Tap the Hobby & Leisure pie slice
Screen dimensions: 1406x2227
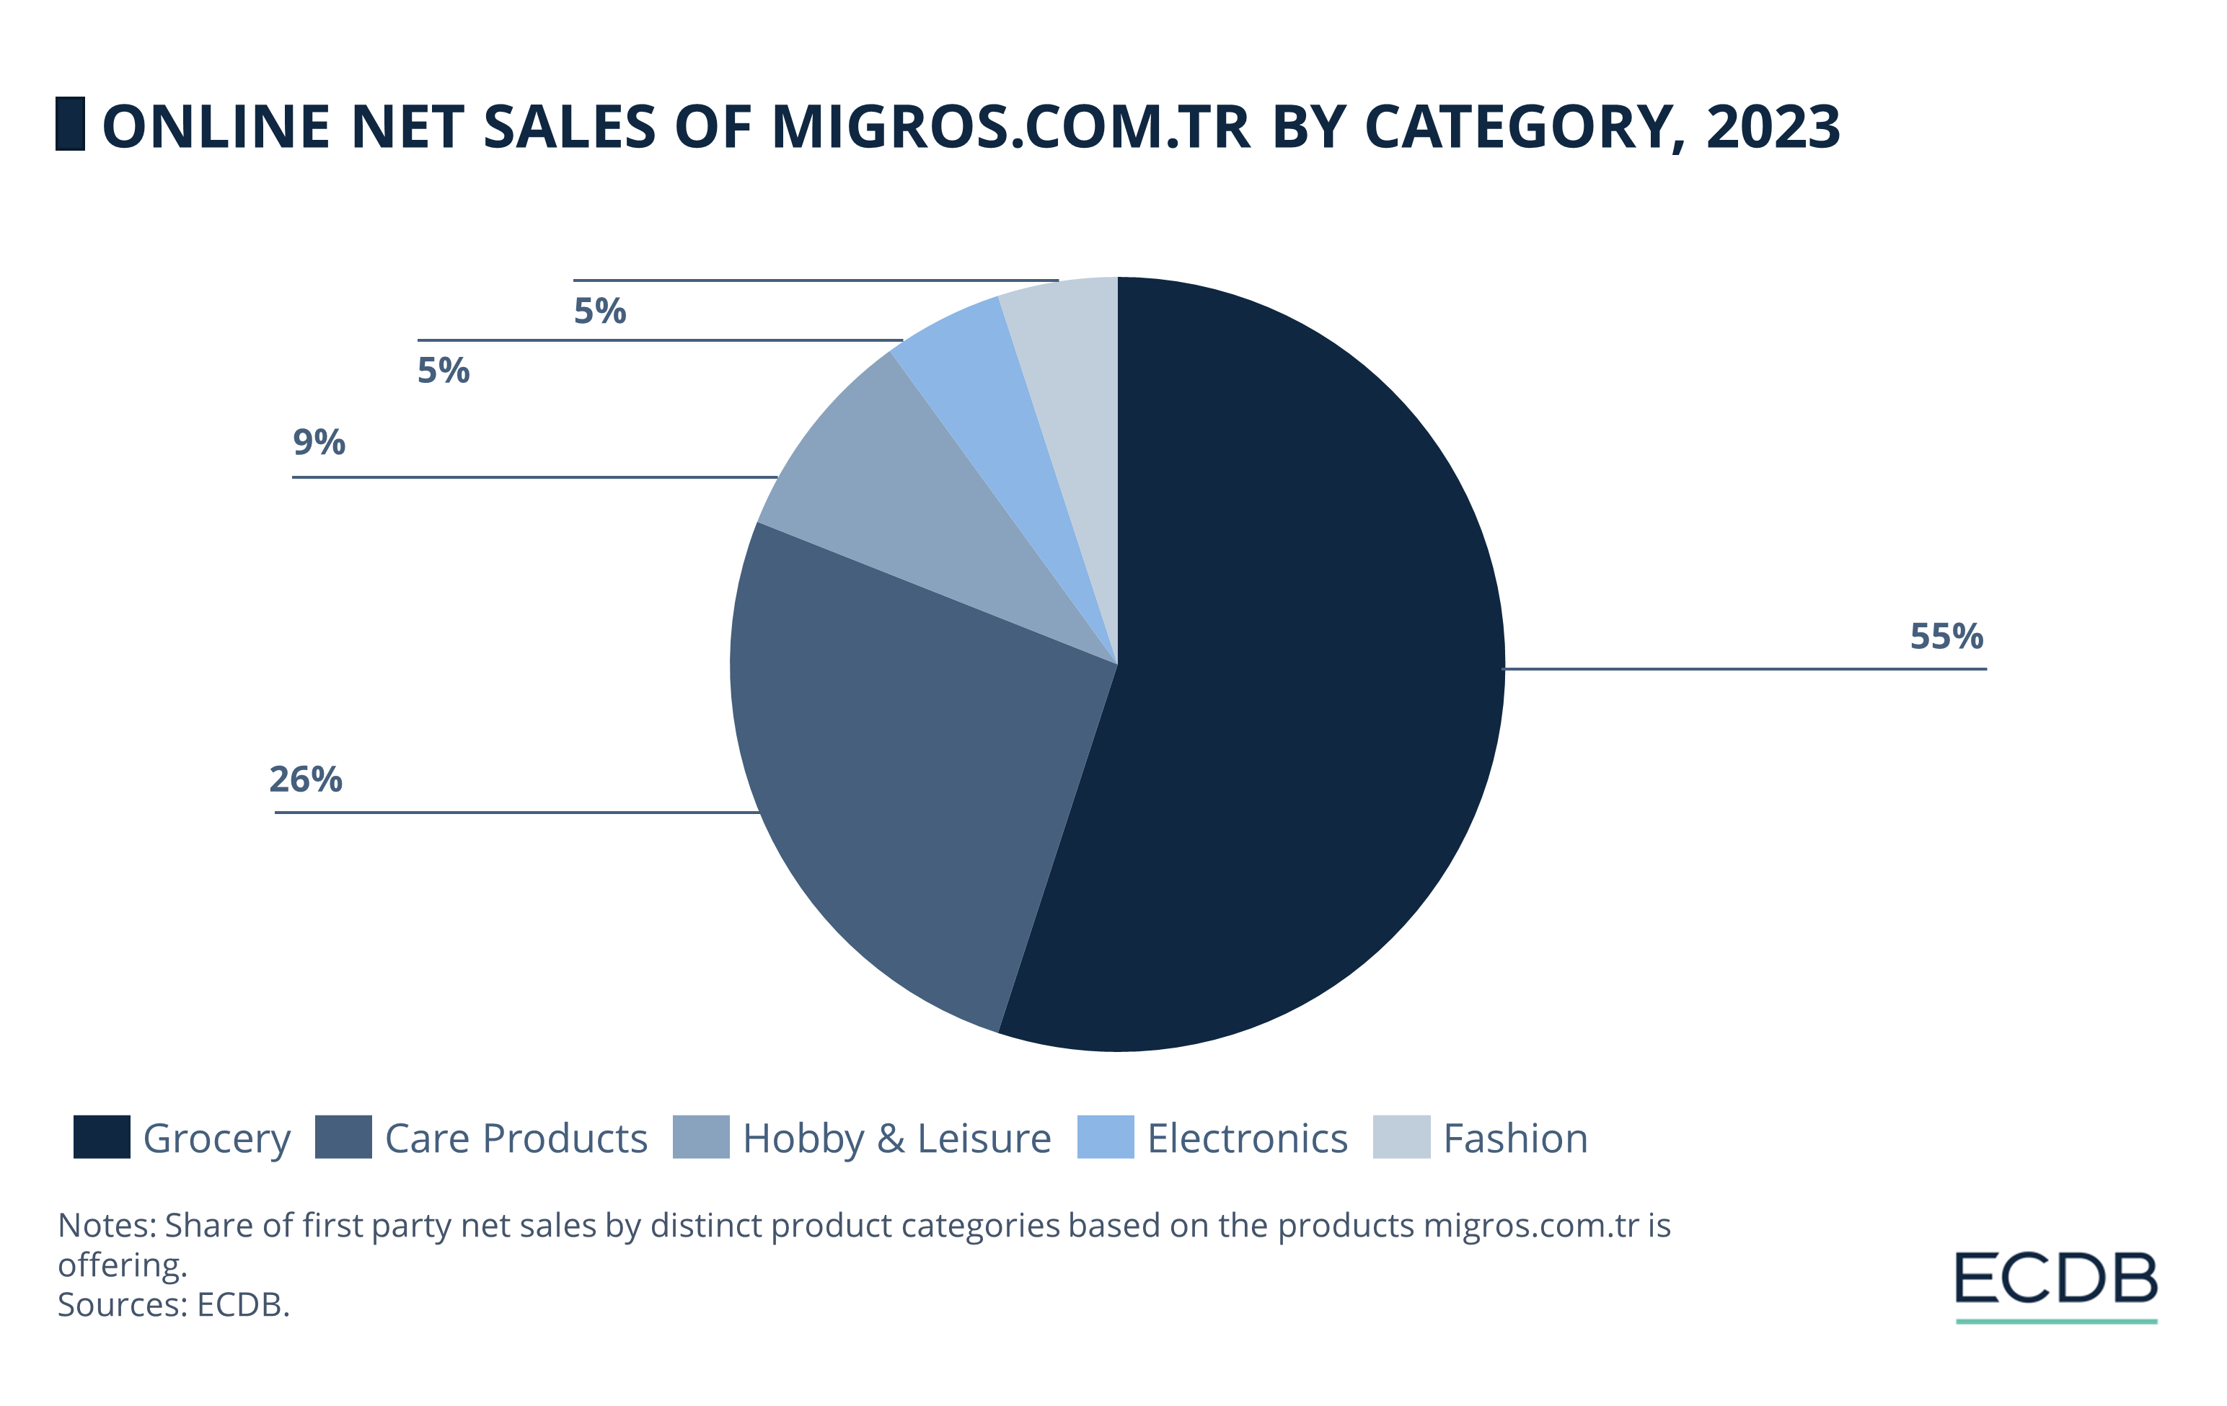(888, 490)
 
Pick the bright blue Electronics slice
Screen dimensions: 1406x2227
(989, 388)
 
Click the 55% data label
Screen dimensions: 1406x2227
(1946, 637)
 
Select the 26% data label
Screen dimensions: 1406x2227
(305, 779)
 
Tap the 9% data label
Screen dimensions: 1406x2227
(318, 442)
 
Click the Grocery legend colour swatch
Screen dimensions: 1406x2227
(102, 1137)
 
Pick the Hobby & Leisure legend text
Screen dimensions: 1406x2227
(896, 1138)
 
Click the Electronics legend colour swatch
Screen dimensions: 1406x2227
(1105, 1137)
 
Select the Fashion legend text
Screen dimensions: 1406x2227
(1515, 1138)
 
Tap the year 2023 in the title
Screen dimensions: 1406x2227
(1773, 127)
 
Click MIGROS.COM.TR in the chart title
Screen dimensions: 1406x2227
(1011, 127)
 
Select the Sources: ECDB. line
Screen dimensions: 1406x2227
(174, 1304)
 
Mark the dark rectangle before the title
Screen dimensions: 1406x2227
(70, 124)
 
